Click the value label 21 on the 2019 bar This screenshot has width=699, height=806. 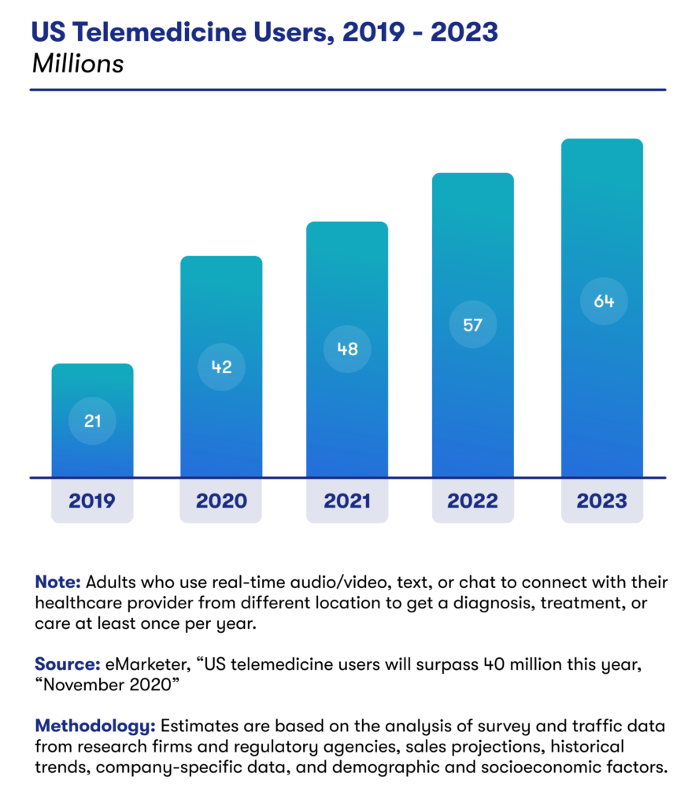point(92,421)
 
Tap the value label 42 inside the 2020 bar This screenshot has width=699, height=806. point(221,366)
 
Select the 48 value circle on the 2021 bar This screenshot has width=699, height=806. point(347,349)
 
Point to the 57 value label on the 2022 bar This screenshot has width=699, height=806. point(472,324)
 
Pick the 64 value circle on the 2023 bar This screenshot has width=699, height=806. point(604,301)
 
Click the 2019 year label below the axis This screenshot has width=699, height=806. point(92,501)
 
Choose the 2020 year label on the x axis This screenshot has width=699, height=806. point(221,501)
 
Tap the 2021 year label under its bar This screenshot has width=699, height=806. point(347,501)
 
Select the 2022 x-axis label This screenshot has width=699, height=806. point(473,501)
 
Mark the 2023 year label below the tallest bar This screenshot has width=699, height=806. point(602,501)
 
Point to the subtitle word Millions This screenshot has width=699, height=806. point(78,64)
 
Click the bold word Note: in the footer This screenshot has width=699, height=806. point(57,583)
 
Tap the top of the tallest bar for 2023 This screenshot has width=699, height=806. point(602,142)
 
